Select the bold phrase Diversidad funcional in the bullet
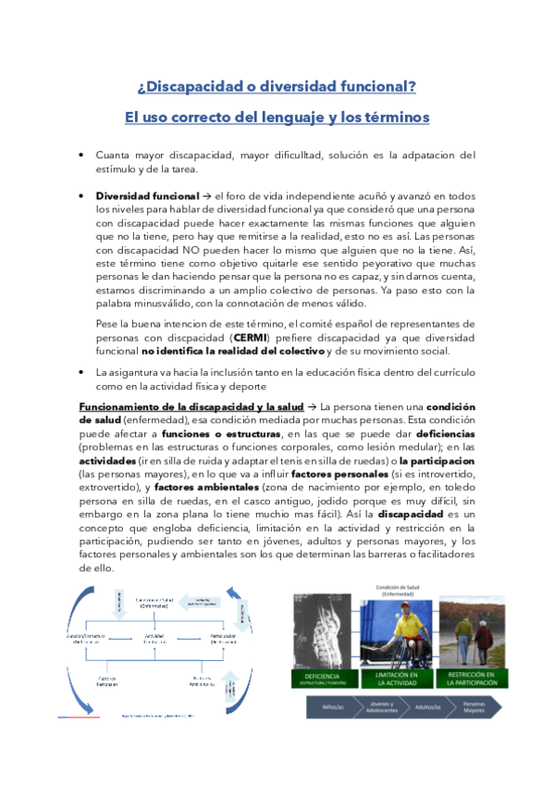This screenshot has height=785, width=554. point(147,196)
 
